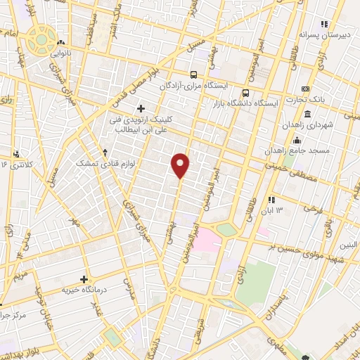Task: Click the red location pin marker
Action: [x=181, y=165]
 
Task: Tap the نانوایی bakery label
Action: [x=79, y=53]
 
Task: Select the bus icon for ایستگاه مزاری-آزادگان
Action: [x=194, y=75]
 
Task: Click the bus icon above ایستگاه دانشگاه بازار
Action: [x=245, y=92]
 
